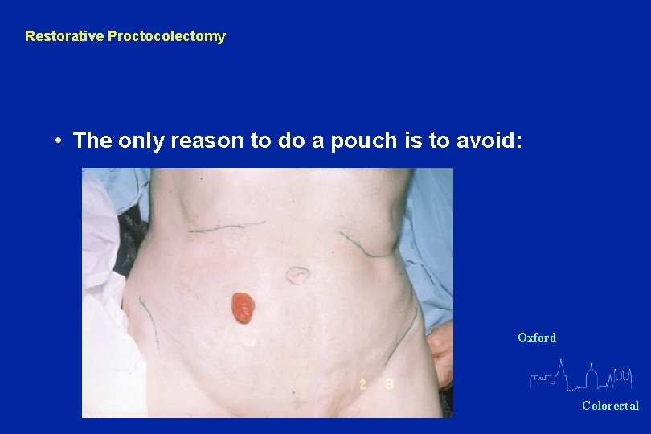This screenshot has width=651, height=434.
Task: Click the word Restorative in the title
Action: click(x=64, y=36)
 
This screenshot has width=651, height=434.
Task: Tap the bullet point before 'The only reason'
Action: click(x=59, y=141)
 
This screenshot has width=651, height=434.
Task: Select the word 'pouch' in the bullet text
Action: click(x=362, y=141)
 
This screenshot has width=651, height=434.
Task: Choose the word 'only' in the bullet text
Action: click(x=138, y=141)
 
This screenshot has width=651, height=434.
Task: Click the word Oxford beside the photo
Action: click(x=537, y=338)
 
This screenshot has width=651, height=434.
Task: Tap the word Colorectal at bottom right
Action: click(x=610, y=406)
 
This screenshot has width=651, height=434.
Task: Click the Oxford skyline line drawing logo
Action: click(x=581, y=376)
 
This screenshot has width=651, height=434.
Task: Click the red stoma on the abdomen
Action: click(x=243, y=307)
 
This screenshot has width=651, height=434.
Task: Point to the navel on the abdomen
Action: click(x=298, y=275)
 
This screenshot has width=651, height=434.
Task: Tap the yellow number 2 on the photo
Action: click(x=363, y=385)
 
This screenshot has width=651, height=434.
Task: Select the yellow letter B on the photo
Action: click(x=389, y=385)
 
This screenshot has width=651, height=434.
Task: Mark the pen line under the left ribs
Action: click(x=227, y=227)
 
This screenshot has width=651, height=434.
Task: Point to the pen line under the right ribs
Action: click(x=366, y=245)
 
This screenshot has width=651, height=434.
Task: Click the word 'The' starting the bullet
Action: click(x=92, y=141)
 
